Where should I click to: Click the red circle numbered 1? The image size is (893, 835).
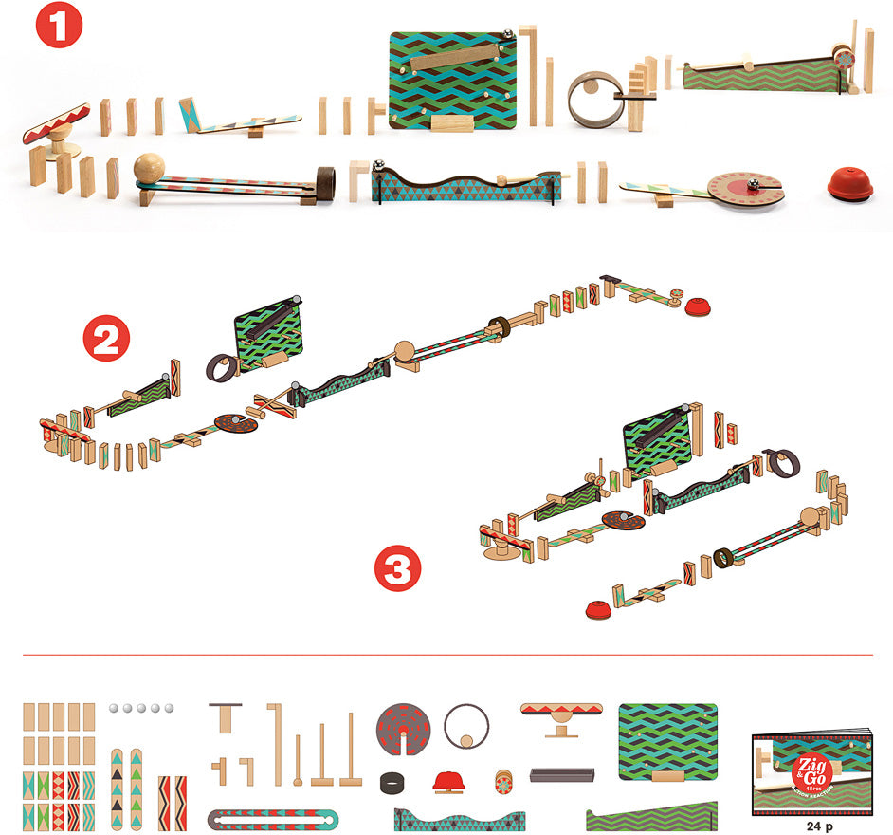pyautogui.click(x=60, y=26)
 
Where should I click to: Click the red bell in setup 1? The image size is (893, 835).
pyautogui.click(x=850, y=184)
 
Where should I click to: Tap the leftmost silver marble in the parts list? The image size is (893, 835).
pyautogui.click(x=114, y=708)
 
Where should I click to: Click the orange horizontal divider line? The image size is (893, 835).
pyautogui.click(x=446, y=654)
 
